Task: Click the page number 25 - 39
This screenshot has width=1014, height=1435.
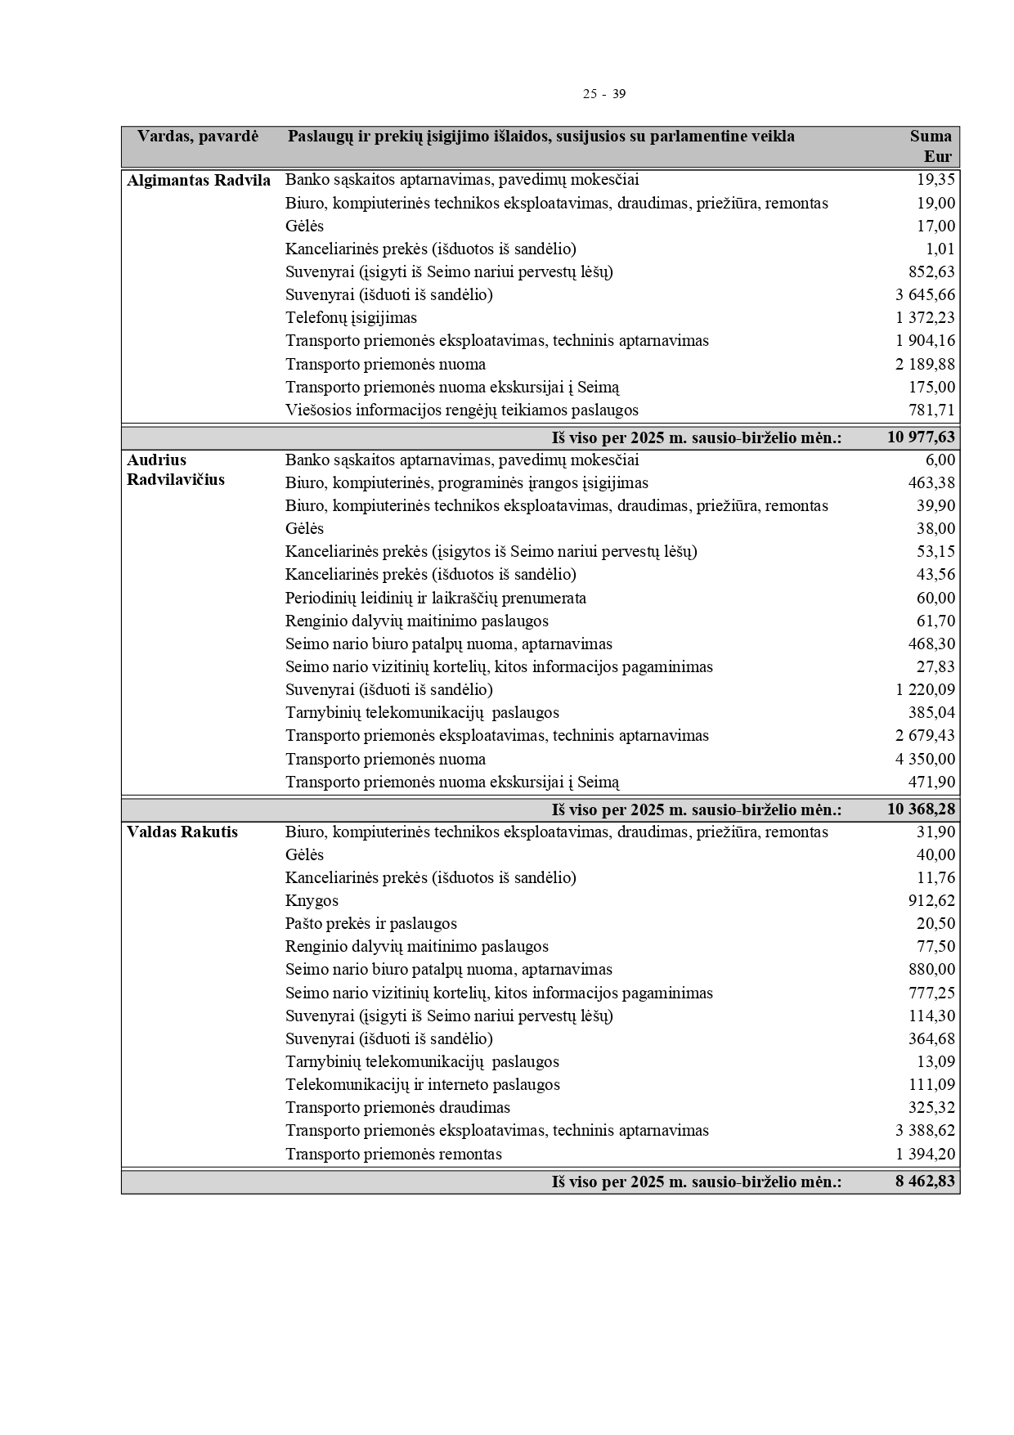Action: [x=603, y=94]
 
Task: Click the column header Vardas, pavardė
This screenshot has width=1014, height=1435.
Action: [x=197, y=137]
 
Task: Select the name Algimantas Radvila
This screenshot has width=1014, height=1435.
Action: [x=199, y=181]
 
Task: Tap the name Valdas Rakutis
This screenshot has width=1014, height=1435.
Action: [x=182, y=832]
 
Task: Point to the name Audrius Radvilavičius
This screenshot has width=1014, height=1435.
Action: [x=175, y=470]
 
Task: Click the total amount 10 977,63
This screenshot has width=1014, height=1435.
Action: [x=921, y=437]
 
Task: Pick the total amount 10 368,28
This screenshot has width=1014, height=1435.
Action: [x=921, y=809]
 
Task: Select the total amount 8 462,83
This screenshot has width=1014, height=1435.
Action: [x=925, y=1182]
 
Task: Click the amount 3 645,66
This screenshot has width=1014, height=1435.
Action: [x=925, y=295]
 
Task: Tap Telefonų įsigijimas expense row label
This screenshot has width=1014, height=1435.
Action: [x=351, y=318]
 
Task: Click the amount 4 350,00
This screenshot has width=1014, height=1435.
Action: [x=925, y=760]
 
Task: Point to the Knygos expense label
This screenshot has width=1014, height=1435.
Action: [x=312, y=901]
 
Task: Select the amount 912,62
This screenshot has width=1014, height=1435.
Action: [x=931, y=901]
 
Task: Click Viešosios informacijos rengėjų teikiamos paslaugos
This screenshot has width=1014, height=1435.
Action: [x=461, y=410]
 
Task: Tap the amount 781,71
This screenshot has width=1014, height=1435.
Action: [x=931, y=410]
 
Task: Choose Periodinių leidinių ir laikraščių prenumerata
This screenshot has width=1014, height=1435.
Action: [x=435, y=599]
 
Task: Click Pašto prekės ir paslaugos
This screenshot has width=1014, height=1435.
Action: [x=370, y=924]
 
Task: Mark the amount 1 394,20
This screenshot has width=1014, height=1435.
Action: [x=925, y=1155]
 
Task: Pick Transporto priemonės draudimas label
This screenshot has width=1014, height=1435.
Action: [x=397, y=1108]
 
